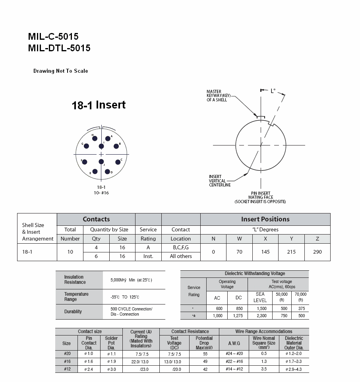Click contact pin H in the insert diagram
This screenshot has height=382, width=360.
[95, 138]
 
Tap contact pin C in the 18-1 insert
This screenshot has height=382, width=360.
[118, 162]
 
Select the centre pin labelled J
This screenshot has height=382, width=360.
[101, 161]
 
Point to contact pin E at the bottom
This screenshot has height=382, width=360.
[95, 171]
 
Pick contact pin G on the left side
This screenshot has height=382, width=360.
[87, 146]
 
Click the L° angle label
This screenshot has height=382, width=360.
[273, 91]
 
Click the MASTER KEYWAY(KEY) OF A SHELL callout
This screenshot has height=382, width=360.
[219, 96]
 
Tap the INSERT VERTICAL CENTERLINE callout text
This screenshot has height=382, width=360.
[220, 181]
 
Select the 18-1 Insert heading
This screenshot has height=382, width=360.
[99, 105]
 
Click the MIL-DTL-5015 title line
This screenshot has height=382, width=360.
[59, 48]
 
